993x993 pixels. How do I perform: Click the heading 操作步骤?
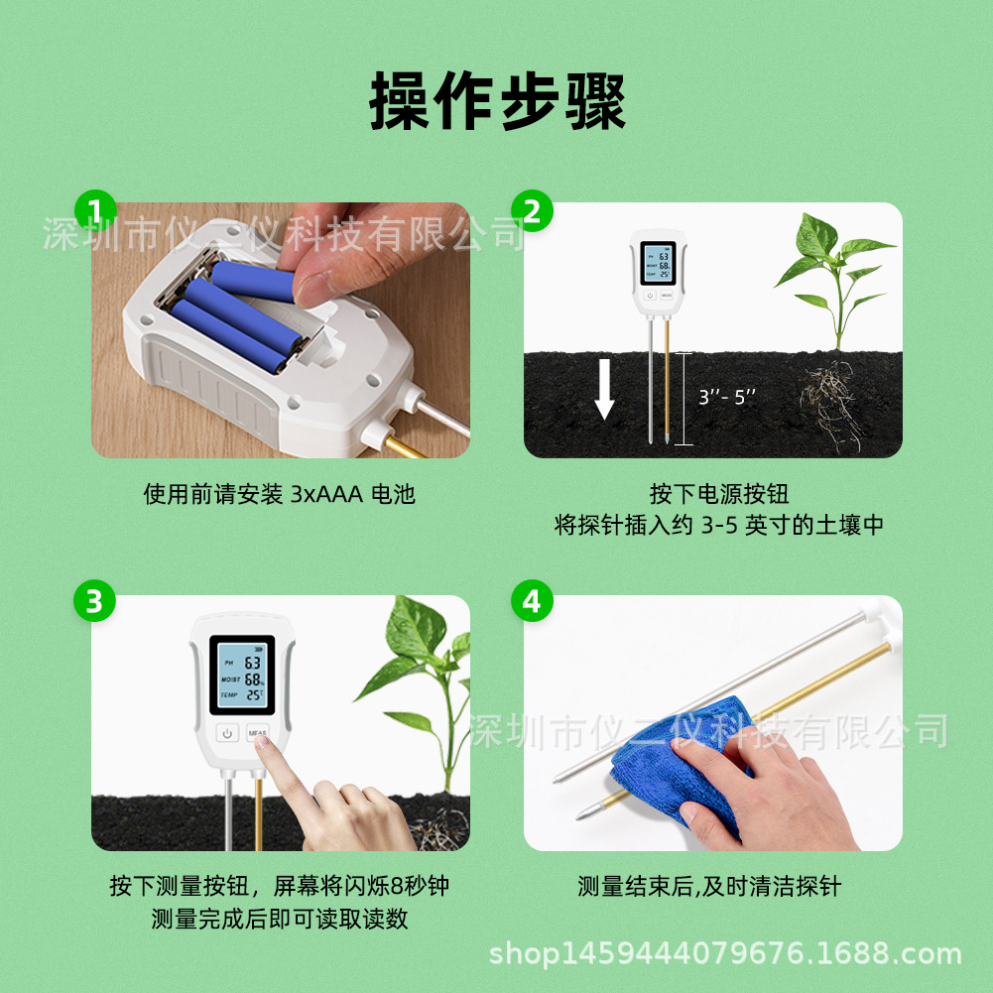coord(497,101)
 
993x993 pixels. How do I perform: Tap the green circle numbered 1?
coord(95,211)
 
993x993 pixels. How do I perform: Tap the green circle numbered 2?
coord(532,211)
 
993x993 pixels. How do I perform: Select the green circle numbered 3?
coord(94,600)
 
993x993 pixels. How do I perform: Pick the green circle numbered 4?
coord(532,600)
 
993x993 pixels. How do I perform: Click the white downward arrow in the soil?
coord(604,389)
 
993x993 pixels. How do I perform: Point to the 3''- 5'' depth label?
coord(727,397)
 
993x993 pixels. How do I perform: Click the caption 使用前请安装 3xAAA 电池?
coord(280,494)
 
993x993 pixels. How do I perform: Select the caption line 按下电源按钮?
coord(719,493)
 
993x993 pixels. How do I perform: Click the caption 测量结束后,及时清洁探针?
coord(709,886)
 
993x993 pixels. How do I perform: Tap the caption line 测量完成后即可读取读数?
coord(280,919)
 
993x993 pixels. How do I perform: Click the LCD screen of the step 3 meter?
coord(243,676)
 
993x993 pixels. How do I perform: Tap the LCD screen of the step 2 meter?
coord(658,263)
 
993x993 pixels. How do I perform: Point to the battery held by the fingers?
coord(253,281)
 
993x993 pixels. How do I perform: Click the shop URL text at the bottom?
coord(726,953)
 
